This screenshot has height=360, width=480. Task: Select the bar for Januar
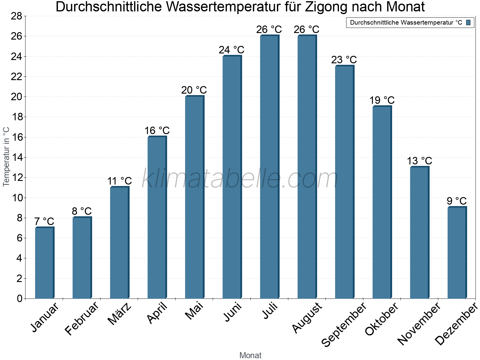click(x=44, y=263)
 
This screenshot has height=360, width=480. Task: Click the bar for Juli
click(x=269, y=167)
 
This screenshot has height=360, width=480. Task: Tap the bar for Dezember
click(x=457, y=253)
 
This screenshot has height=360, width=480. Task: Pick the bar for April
click(x=157, y=217)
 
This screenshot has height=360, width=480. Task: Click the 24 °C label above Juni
click(x=231, y=50)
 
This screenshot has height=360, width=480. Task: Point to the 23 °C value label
click(x=344, y=60)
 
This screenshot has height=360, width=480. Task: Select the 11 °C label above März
click(x=119, y=181)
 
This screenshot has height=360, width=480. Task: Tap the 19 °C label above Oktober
click(x=382, y=100)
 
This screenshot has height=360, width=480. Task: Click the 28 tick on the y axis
click(x=16, y=16)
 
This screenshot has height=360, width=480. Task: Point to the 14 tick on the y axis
click(x=16, y=157)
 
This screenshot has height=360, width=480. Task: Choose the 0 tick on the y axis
click(x=19, y=298)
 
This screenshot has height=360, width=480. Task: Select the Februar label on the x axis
click(x=82, y=318)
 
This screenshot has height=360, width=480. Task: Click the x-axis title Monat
click(x=250, y=355)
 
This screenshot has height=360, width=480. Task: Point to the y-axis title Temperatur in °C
click(x=6, y=157)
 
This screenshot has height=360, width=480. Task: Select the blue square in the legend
click(x=468, y=22)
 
